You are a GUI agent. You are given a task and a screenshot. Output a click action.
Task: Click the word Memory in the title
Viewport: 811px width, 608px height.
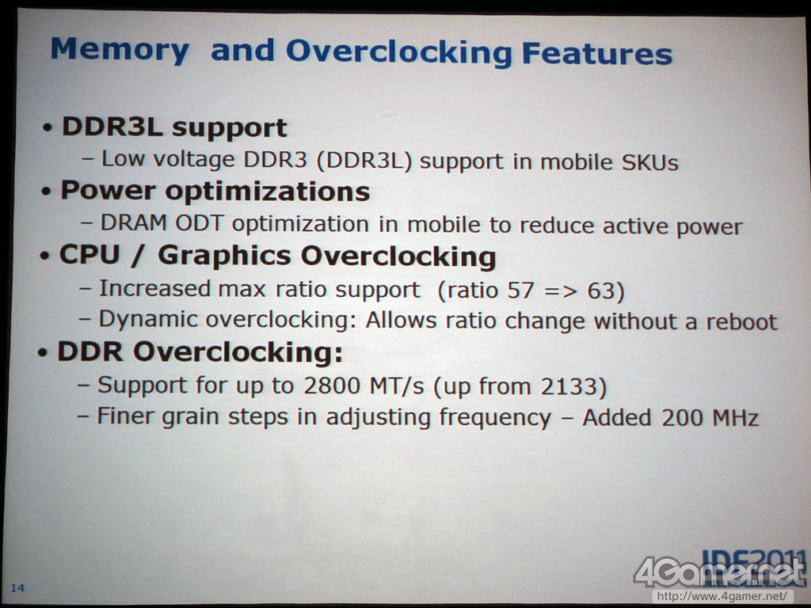[120, 50]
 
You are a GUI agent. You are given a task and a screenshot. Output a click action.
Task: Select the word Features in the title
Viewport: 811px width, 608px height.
[597, 54]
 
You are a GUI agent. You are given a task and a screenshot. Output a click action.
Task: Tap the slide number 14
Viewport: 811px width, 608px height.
[17, 587]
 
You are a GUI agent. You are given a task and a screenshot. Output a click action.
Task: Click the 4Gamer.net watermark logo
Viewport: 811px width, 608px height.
[720, 571]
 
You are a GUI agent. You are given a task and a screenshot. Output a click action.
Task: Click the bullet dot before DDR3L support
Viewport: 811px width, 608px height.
[48, 127]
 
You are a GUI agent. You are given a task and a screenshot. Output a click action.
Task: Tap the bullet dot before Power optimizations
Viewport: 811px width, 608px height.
[47, 192]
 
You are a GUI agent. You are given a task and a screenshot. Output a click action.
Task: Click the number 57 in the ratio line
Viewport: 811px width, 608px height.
[520, 290]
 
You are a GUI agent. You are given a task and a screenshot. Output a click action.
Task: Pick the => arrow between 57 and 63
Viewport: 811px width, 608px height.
[560, 291]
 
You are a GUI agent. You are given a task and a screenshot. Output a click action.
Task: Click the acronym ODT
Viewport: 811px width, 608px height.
[199, 223]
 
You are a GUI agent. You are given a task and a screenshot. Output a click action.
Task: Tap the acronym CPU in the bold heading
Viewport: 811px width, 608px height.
[90, 254]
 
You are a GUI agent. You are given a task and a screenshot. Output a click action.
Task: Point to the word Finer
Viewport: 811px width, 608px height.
[125, 416]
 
